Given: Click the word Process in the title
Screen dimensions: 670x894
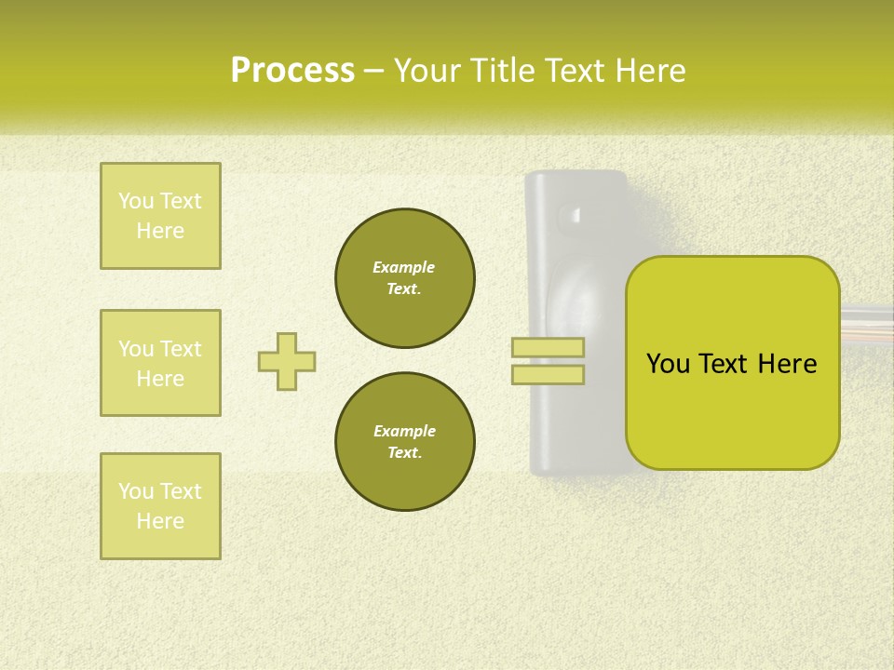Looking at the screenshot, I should (x=292, y=71).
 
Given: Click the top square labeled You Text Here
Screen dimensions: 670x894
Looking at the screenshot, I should (x=160, y=216).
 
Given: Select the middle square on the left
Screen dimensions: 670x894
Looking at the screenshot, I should (x=160, y=363).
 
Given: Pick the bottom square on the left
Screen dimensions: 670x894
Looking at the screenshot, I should (x=160, y=506).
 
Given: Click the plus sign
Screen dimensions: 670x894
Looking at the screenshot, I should (x=287, y=361).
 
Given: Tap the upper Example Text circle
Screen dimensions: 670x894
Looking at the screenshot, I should (x=405, y=278).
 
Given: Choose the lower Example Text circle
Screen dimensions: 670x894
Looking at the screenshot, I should (x=405, y=442).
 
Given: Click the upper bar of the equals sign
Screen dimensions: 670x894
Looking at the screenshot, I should (x=548, y=348).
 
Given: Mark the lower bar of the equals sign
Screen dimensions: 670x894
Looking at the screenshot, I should (x=548, y=374).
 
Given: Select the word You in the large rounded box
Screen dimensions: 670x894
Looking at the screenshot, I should (x=667, y=364).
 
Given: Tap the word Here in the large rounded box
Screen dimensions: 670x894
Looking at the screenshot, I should (x=787, y=364).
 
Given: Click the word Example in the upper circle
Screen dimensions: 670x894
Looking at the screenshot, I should (x=404, y=267).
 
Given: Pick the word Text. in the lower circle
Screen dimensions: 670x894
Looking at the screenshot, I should (x=404, y=453).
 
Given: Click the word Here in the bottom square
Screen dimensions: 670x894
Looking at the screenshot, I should (x=160, y=521).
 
